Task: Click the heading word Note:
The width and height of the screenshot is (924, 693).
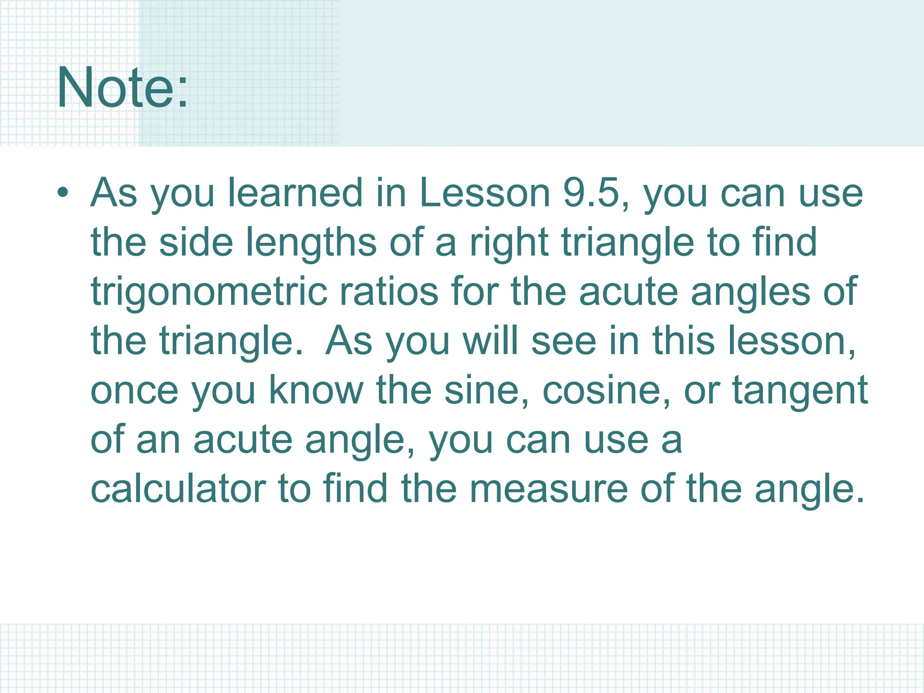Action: click(x=122, y=88)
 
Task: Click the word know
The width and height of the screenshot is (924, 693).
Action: click(x=316, y=391)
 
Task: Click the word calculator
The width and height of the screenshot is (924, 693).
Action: click(x=178, y=489)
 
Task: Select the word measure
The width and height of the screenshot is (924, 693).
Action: click(x=549, y=490)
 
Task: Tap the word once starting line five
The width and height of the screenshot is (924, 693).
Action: click(x=134, y=391)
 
